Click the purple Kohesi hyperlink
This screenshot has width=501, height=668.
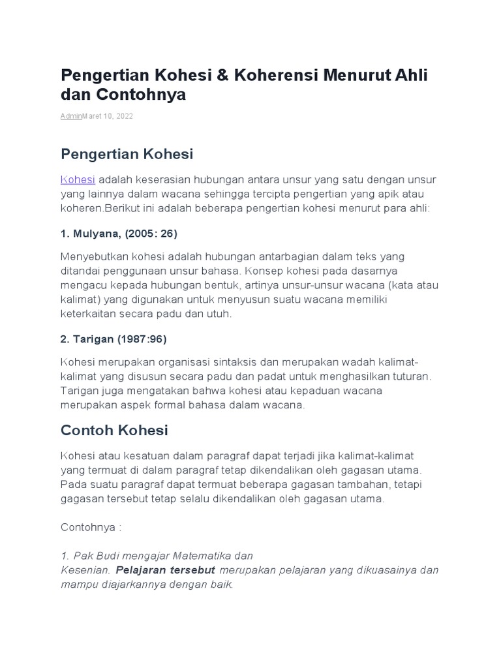click(78, 180)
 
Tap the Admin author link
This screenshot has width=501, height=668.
click(70, 115)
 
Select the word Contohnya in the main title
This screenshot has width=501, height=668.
click(142, 95)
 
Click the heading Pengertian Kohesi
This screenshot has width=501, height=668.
click(127, 154)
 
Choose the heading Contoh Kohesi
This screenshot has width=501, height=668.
click(114, 430)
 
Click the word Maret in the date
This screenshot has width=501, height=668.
click(91, 115)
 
